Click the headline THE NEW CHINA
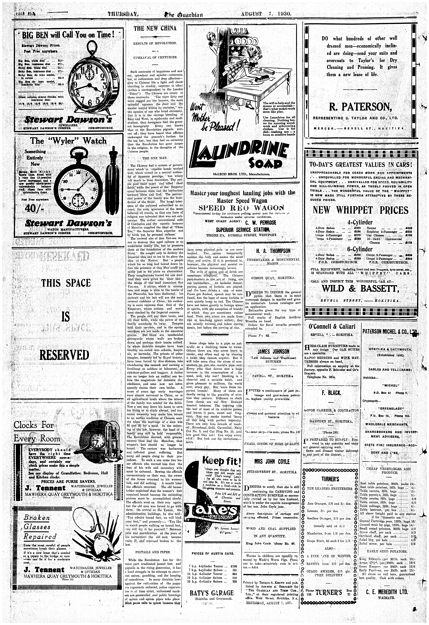(155, 29)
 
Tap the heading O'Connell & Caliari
(332, 326)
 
